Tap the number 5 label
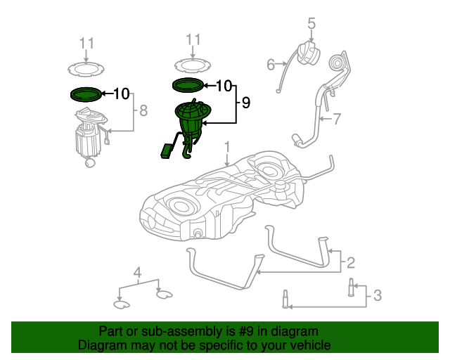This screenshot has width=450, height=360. (x=311, y=25)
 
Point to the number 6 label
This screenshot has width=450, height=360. (x=271, y=65)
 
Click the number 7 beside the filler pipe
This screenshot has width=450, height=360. (x=337, y=119)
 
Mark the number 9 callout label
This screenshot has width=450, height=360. (x=245, y=103)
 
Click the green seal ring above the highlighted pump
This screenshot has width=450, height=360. (x=188, y=85)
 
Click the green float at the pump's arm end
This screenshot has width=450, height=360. (x=167, y=150)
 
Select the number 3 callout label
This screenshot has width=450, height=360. (x=377, y=296)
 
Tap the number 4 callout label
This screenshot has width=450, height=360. (x=138, y=272)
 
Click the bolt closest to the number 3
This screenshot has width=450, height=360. (x=349, y=287)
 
